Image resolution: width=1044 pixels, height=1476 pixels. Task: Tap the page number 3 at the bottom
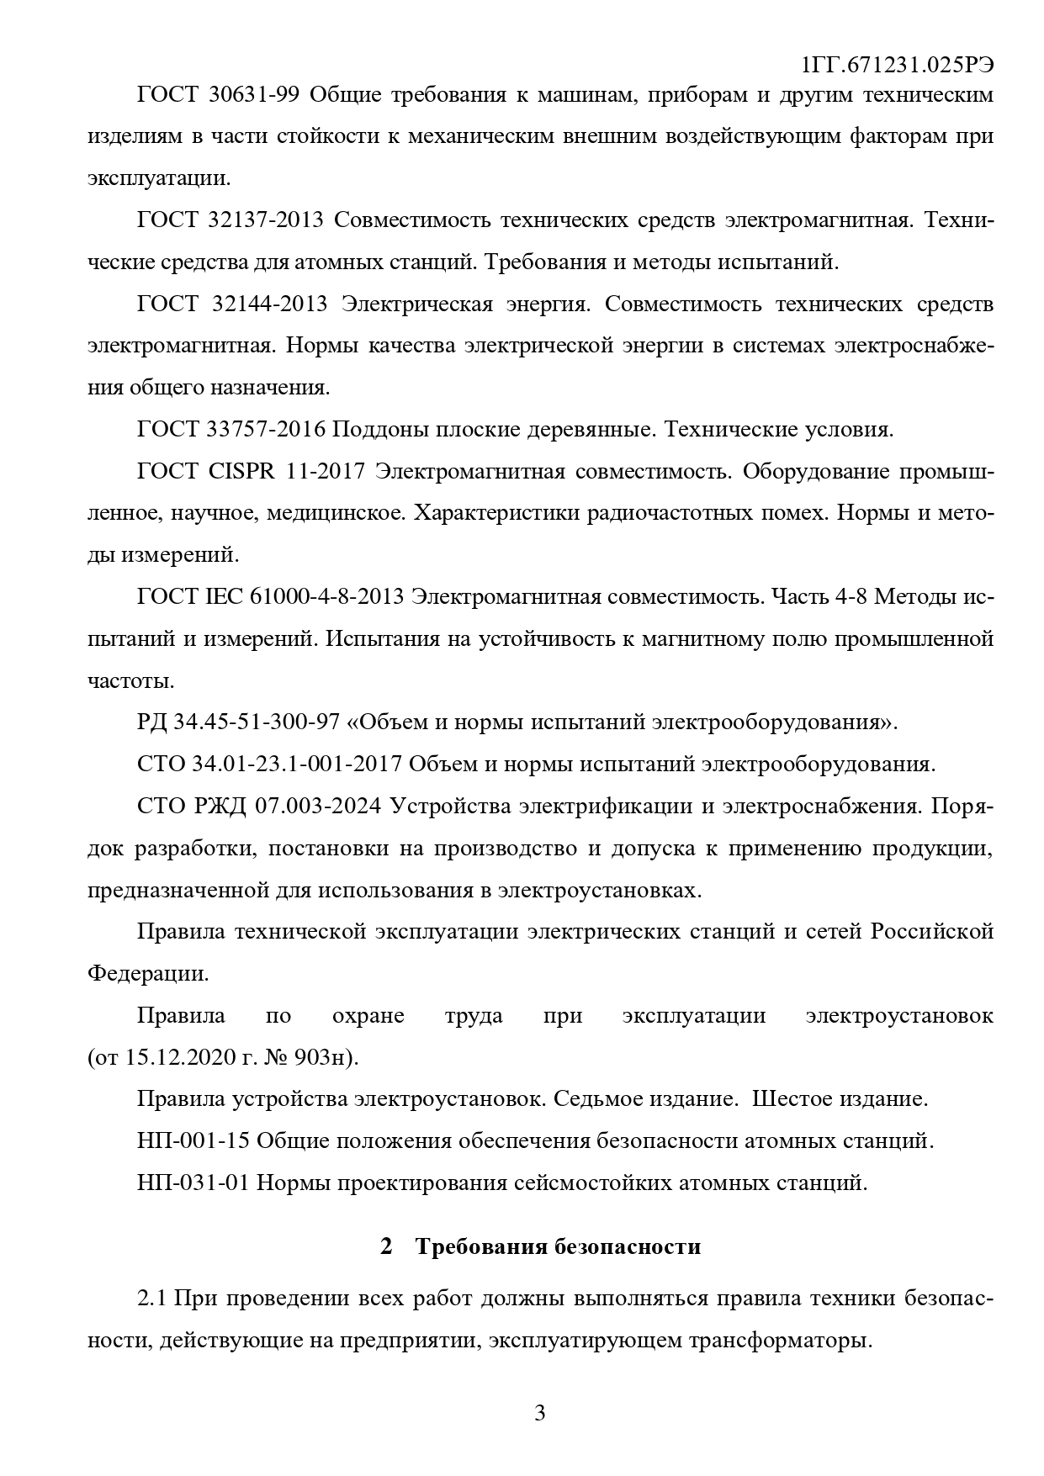(540, 1412)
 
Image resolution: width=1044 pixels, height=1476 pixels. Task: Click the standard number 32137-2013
(265, 220)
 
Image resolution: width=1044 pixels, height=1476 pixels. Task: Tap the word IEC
(223, 596)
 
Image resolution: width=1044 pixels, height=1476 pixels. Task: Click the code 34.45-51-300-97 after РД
(256, 722)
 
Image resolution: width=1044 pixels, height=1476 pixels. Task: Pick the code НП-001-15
(193, 1140)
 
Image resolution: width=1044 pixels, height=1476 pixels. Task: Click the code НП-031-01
(193, 1182)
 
